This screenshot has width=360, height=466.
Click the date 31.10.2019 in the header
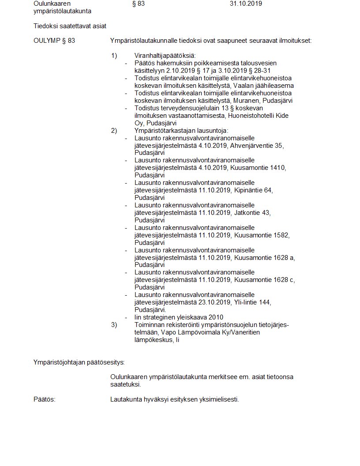246,4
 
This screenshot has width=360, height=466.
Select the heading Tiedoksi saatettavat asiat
70,26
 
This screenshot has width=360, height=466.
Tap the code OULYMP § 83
54,41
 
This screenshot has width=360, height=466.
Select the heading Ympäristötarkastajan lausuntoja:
181,131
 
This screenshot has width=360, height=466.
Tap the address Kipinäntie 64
254,191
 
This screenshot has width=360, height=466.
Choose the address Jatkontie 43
252,213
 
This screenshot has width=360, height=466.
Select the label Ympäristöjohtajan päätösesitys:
79,363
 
